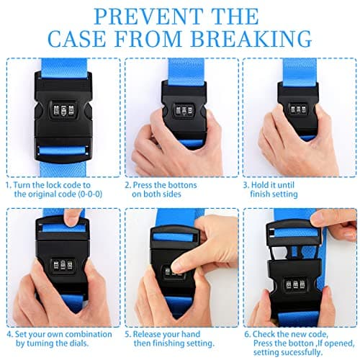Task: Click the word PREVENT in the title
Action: point(148,17)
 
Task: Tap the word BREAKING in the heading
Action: point(251,38)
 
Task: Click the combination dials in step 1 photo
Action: point(63,110)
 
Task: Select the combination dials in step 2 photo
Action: point(184,111)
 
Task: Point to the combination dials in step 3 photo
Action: point(298,109)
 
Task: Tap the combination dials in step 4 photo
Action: point(63,265)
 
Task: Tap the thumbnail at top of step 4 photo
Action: point(71,222)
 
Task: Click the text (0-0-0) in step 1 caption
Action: point(90,194)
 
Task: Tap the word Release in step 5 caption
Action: point(146,334)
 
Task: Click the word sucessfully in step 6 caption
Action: point(301,353)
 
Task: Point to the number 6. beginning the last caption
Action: point(248,334)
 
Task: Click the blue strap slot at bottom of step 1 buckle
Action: point(63,150)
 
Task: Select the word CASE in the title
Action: point(77,38)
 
